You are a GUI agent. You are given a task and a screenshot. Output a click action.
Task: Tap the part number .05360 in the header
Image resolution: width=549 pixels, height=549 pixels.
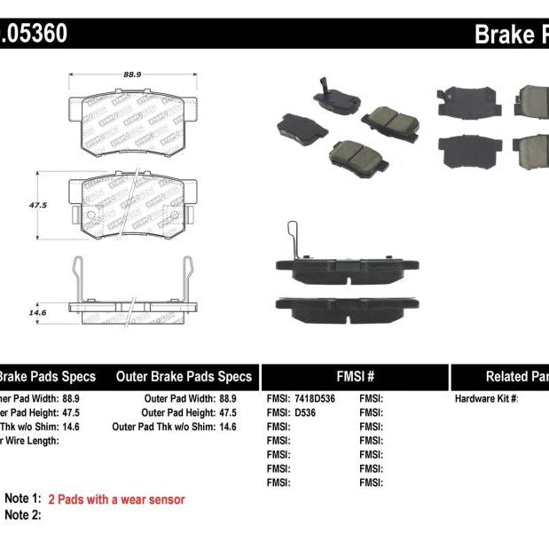point(33,35)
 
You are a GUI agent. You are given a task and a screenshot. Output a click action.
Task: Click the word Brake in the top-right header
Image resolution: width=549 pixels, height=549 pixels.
point(504,35)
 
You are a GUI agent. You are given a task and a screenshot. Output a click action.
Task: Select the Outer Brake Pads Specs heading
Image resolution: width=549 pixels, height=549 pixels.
point(184,376)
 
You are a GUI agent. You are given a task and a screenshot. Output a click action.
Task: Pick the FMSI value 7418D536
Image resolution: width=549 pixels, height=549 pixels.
point(315,399)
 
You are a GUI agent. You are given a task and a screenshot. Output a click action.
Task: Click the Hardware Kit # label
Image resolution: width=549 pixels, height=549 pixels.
point(486,399)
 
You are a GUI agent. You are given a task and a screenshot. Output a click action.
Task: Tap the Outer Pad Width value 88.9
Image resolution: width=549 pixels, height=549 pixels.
point(228,399)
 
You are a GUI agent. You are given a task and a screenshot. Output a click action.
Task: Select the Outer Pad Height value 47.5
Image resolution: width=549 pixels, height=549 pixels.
point(228,413)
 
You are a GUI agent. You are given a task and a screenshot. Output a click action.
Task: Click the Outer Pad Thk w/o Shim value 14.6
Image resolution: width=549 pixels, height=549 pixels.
point(228,427)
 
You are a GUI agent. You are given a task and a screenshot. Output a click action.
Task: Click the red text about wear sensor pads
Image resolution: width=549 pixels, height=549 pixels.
point(116,499)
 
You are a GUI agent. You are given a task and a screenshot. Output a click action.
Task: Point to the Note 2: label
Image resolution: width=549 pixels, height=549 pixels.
point(23,514)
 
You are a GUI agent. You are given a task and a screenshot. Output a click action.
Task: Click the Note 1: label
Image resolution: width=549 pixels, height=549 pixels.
point(23,499)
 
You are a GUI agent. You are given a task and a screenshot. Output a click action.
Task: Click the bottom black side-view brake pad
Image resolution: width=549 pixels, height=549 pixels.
point(347,307)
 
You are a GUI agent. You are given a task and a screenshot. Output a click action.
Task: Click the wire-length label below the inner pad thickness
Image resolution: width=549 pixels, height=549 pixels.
point(30,441)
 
